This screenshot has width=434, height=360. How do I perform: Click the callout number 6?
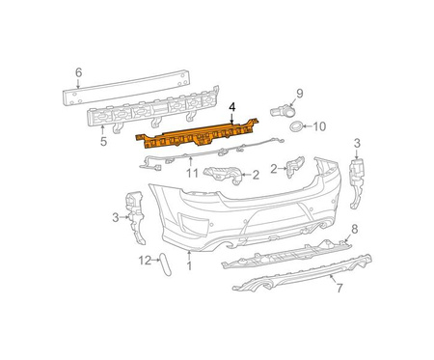click(79, 72)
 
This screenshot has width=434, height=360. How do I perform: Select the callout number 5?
click(103, 141)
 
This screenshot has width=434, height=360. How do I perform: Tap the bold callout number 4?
click(232, 107)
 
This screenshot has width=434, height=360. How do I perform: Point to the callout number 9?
click(300, 94)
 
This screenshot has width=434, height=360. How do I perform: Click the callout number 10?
click(319, 126)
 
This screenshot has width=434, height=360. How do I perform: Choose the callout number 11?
click(192, 174)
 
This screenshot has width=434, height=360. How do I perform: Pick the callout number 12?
click(145, 261)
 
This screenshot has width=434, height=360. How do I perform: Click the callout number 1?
click(189, 266)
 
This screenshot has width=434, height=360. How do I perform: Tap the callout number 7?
click(339, 288)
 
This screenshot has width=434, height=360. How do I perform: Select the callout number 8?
click(354, 230)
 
